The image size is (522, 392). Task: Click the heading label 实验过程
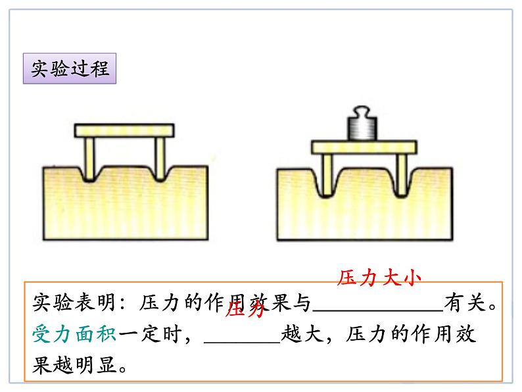pyautogui.click(x=70, y=68)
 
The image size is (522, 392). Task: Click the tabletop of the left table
pyautogui.click(x=125, y=131)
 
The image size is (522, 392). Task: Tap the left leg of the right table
pyautogui.click(x=327, y=174)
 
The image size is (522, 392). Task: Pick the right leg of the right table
pyautogui.click(x=399, y=174)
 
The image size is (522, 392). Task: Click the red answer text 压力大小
pyautogui.click(x=378, y=279)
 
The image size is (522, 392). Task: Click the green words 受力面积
pyautogui.click(x=74, y=333)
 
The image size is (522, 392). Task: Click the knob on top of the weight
pyautogui.click(x=363, y=109)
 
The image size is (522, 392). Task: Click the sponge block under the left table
pyautogui.click(x=125, y=204)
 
